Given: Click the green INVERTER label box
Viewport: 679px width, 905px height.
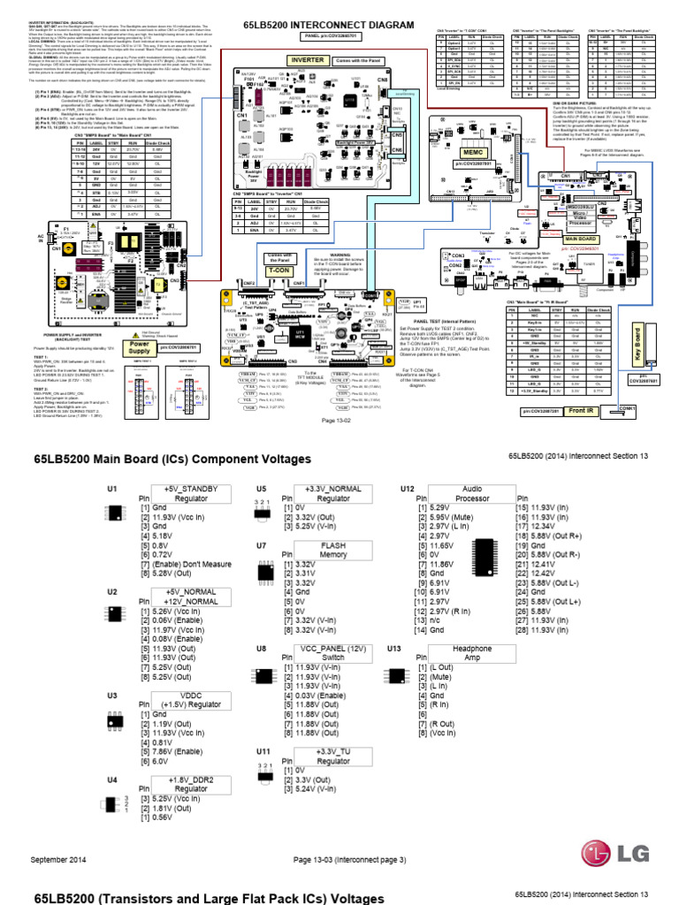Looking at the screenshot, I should click(307, 60).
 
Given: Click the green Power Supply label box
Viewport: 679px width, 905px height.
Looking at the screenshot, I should click(141, 349).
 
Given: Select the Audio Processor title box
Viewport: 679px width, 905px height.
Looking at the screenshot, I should click(471, 493).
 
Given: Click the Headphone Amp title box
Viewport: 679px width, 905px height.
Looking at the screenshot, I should click(471, 653).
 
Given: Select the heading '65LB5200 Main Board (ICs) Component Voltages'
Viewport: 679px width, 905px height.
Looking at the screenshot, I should click(172, 460).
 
